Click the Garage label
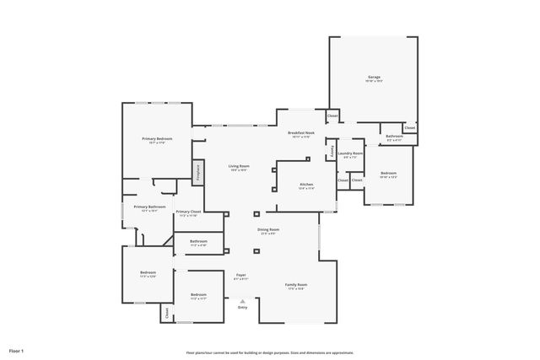[x=374, y=77]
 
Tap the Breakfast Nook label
[x=301, y=133]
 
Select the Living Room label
[x=239, y=166]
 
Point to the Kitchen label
[x=306, y=185]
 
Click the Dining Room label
[x=268, y=229]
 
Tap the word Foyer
[x=240, y=275]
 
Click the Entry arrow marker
[x=243, y=301]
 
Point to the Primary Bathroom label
[x=149, y=207]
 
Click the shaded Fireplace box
[x=198, y=171]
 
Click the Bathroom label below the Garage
[x=394, y=136]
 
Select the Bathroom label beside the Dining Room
[x=198, y=241]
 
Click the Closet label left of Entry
[x=167, y=312]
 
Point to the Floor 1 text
[x=17, y=350]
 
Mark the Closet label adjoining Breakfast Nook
[x=332, y=116]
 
